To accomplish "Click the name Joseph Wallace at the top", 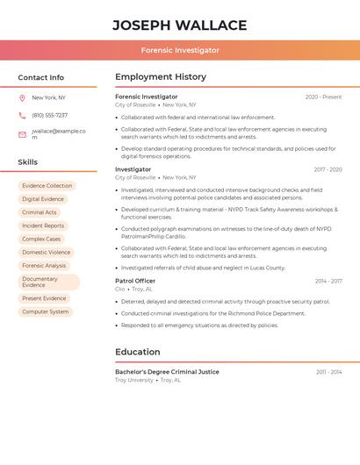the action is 180,25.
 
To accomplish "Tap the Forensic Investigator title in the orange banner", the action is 180,50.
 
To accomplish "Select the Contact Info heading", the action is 41,77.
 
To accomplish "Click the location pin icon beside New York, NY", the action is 22,97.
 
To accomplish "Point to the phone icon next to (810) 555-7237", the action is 22,115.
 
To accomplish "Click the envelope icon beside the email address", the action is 22,134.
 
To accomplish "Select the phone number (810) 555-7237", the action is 49,115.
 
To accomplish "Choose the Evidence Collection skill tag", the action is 47,186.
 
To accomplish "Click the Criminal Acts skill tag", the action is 40,212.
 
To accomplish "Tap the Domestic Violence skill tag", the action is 47,252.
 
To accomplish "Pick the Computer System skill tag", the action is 45,311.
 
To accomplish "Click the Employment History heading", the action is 161,77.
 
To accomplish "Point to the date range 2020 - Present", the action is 323,97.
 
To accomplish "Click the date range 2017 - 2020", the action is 328,169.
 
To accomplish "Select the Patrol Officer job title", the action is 135,281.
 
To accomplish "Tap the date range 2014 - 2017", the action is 328,281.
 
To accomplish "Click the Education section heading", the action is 138,352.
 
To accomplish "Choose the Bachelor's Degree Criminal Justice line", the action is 167,372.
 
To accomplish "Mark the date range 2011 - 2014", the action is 329,372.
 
